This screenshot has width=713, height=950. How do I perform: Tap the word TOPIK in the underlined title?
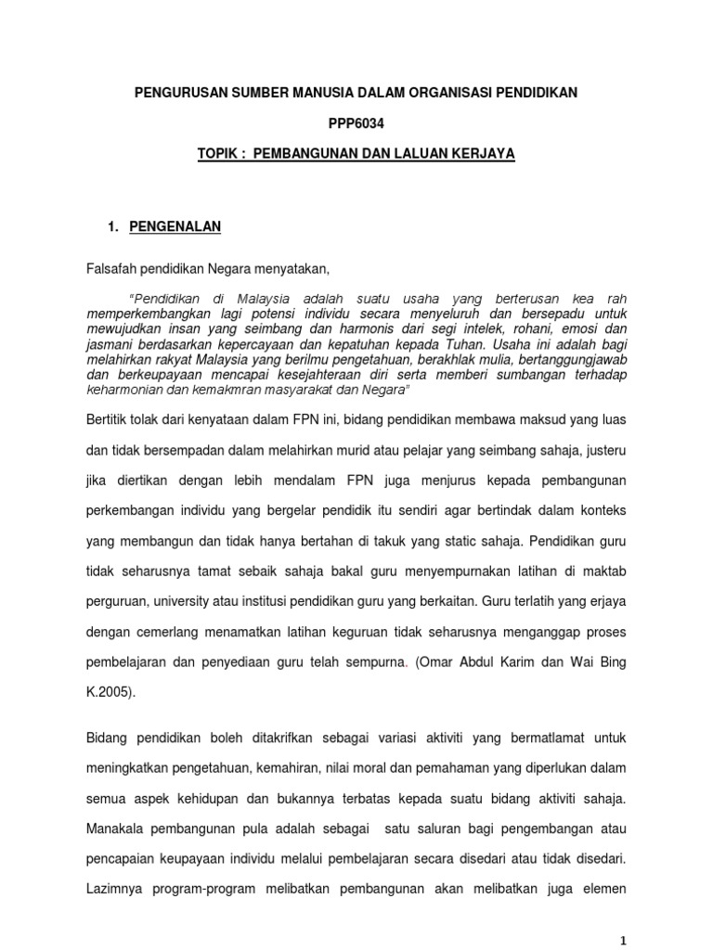(220, 153)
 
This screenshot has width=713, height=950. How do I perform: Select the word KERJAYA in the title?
(480, 153)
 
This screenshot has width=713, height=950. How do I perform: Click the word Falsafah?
(110, 269)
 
